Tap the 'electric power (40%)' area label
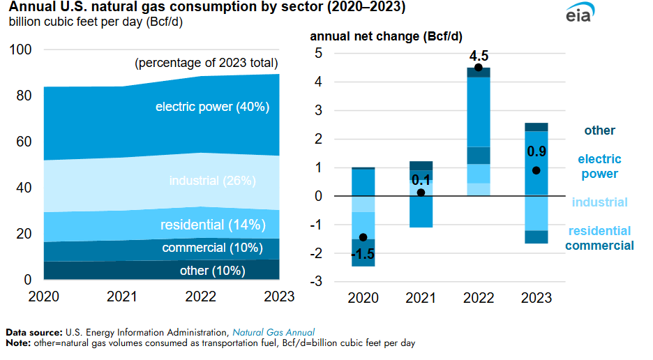212,107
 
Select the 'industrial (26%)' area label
213,181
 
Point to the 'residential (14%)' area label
213,225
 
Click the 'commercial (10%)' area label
212,248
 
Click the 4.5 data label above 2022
478,54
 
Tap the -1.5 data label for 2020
363,254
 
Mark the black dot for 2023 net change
536,170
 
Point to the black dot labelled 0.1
421,193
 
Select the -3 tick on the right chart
316,282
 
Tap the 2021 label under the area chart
121,297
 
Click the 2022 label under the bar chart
478,299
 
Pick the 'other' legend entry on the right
600,130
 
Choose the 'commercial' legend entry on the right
599,245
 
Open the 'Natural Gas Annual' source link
273,332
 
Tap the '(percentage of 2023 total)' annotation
207,63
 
